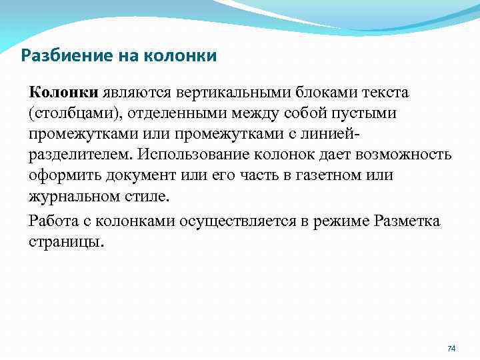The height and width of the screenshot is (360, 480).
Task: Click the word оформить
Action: click(60, 177)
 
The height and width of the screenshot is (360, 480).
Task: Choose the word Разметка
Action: click(407, 221)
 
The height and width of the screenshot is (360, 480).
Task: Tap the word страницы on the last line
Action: click(65, 242)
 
